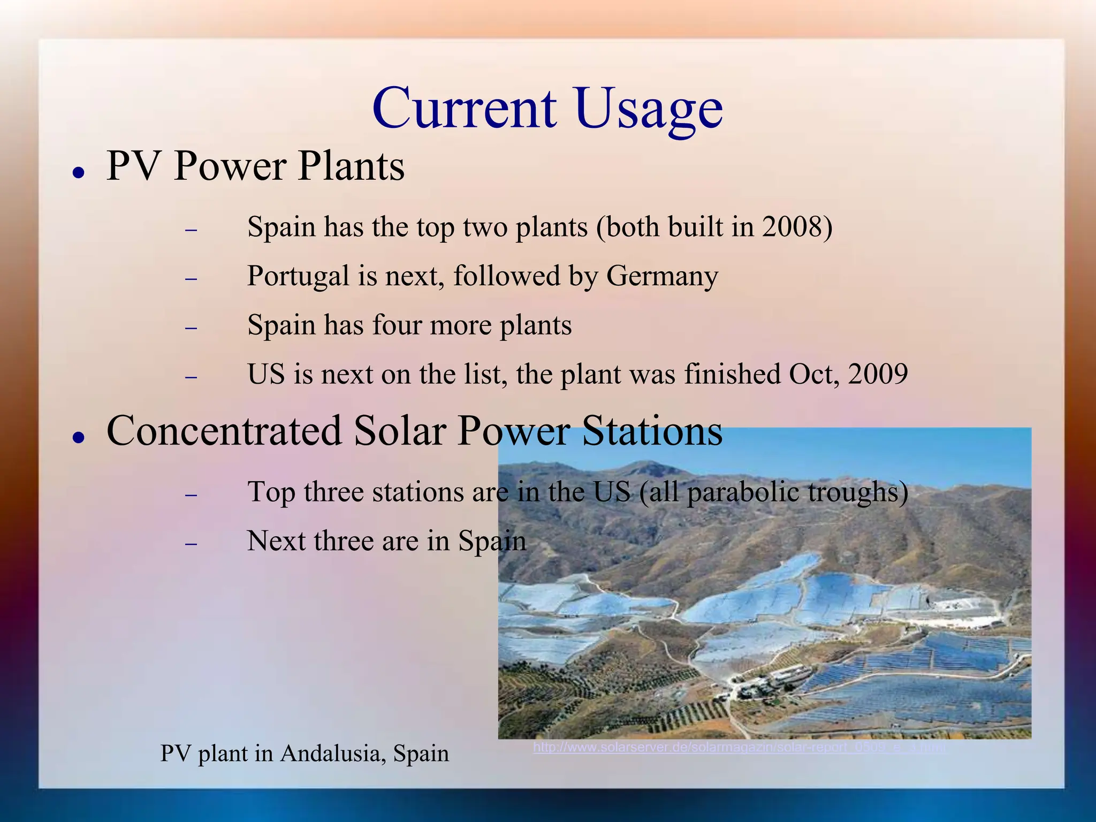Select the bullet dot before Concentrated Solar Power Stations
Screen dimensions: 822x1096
79,437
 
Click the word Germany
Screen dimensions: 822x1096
661,277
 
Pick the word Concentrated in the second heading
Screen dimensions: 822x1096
224,431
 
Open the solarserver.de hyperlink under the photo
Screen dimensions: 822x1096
739,747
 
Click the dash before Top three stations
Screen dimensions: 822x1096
191,495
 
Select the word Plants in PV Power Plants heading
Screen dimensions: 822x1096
351,166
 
